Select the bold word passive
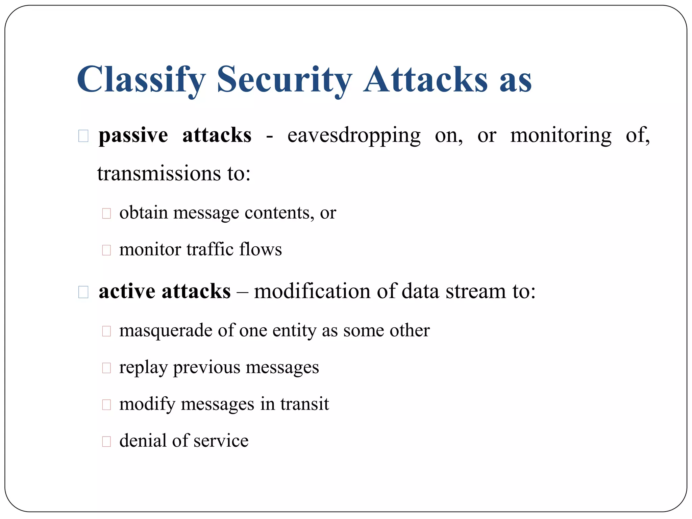(133, 136)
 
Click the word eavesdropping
(354, 136)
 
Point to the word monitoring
(561, 136)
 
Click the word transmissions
(159, 174)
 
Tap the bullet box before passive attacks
(83, 136)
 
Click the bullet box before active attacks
(83, 292)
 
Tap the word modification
(312, 292)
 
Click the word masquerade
(166, 331)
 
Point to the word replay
(143, 368)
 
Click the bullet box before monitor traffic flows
(106, 250)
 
